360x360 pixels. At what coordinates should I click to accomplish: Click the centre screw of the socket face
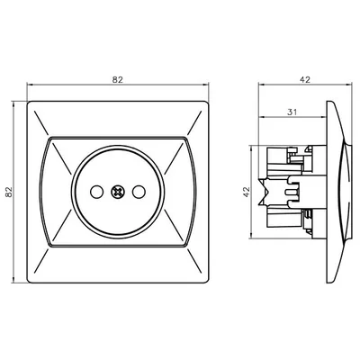pyautogui.click(x=116, y=191)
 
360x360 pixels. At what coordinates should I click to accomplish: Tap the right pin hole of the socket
pyautogui.click(x=136, y=191)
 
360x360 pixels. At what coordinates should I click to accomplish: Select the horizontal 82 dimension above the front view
pyautogui.click(x=117, y=80)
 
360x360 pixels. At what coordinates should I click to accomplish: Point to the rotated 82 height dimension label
pyautogui.click(x=10, y=191)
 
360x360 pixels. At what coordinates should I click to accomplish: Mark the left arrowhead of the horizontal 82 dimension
pyautogui.click(x=31, y=86)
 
